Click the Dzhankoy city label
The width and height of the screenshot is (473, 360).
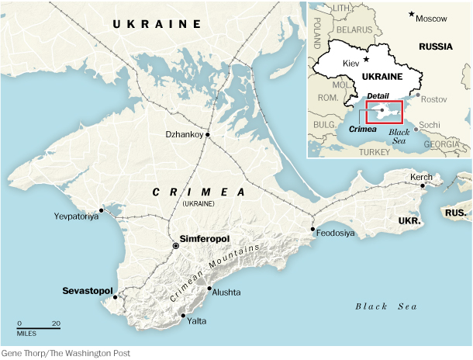[x=184, y=134]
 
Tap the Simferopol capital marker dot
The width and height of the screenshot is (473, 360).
[x=176, y=246]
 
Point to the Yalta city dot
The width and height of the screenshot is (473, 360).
[x=182, y=315]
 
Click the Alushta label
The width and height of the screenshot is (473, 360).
[x=225, y=292]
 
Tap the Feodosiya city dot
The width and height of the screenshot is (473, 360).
[x=312, y=229]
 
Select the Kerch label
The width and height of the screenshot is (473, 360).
[x=421, y=178]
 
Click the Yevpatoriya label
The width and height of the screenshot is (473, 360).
[x=77, y=216]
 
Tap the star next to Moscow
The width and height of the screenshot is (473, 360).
[x=412, y=16]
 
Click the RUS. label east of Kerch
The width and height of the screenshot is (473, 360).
[x=455, y=211]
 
